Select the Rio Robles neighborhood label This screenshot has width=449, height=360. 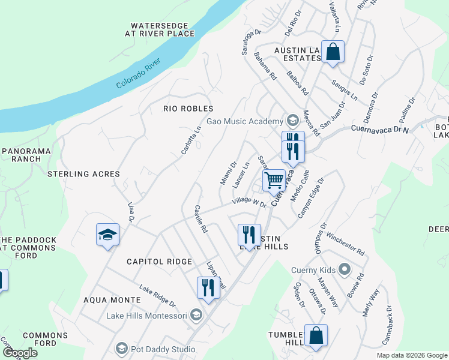click(188, 109)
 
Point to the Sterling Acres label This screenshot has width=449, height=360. click(83, 174)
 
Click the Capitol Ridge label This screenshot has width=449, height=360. click(159, 262)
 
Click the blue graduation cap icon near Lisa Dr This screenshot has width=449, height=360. click(107, 235)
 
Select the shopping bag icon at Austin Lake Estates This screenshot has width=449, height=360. click(332, 52)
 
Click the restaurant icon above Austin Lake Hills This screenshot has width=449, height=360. click(249, 235)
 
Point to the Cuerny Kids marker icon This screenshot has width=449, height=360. click(345, 269)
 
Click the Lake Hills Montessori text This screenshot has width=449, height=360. click(146, 316)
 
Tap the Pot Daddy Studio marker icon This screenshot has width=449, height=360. click(122, 349)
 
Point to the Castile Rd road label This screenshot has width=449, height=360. click(200, 220)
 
